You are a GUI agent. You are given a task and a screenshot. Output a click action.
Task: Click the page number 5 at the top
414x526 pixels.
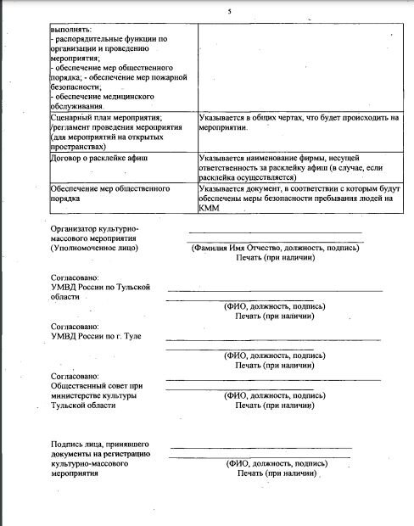[229, 12]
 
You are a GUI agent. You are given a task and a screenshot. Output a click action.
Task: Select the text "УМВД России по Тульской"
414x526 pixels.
[100, 287]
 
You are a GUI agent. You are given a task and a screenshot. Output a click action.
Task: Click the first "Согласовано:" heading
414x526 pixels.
[75, 277]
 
